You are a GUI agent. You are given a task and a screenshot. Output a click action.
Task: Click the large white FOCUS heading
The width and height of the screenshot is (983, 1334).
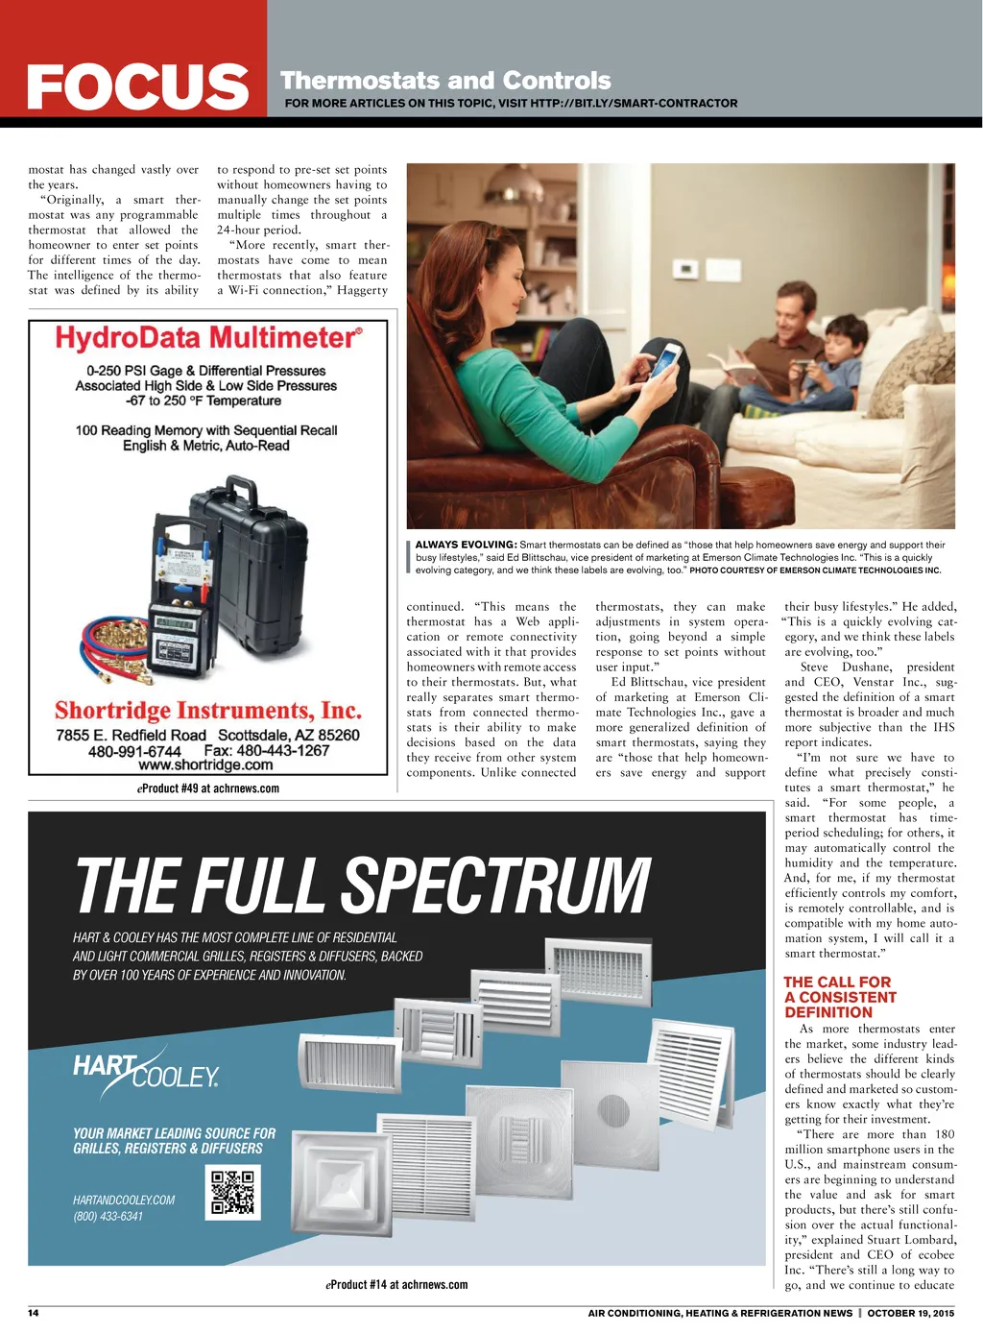point(137,86)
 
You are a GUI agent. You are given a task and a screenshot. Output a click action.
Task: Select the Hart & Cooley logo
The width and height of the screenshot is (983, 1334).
point(146,1071)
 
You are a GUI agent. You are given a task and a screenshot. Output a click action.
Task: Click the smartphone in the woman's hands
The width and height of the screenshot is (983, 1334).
point(668,360)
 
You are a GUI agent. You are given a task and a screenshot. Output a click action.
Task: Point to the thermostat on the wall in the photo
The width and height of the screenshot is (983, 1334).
point(685,270)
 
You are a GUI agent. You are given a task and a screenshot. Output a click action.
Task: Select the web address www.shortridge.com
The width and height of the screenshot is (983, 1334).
point(205,765)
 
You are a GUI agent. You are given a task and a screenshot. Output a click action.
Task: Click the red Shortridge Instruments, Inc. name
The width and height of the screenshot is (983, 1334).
point(208,711)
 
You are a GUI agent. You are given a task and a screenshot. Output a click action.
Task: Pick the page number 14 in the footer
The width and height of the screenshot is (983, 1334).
point(34,1313)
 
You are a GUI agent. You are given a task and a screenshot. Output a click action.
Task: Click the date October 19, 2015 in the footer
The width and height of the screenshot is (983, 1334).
point(910,1313)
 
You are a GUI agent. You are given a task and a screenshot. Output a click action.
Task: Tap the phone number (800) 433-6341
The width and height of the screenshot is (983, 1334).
point(108,1216)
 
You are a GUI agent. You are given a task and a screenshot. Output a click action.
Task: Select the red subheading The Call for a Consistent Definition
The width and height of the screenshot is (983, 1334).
point(840,997)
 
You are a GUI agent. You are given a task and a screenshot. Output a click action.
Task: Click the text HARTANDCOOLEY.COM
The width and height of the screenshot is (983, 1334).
point(124,1200)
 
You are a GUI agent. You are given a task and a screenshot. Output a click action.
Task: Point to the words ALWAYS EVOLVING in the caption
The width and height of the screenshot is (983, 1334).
point(466,545)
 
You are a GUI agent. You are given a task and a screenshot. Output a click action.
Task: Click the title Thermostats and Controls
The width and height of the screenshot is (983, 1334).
point(445,81)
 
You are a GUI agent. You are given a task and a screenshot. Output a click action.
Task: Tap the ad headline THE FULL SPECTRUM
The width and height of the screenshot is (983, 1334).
point(363,885)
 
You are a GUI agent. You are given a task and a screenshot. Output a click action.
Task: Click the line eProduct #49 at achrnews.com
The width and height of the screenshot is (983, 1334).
point(208,788)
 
